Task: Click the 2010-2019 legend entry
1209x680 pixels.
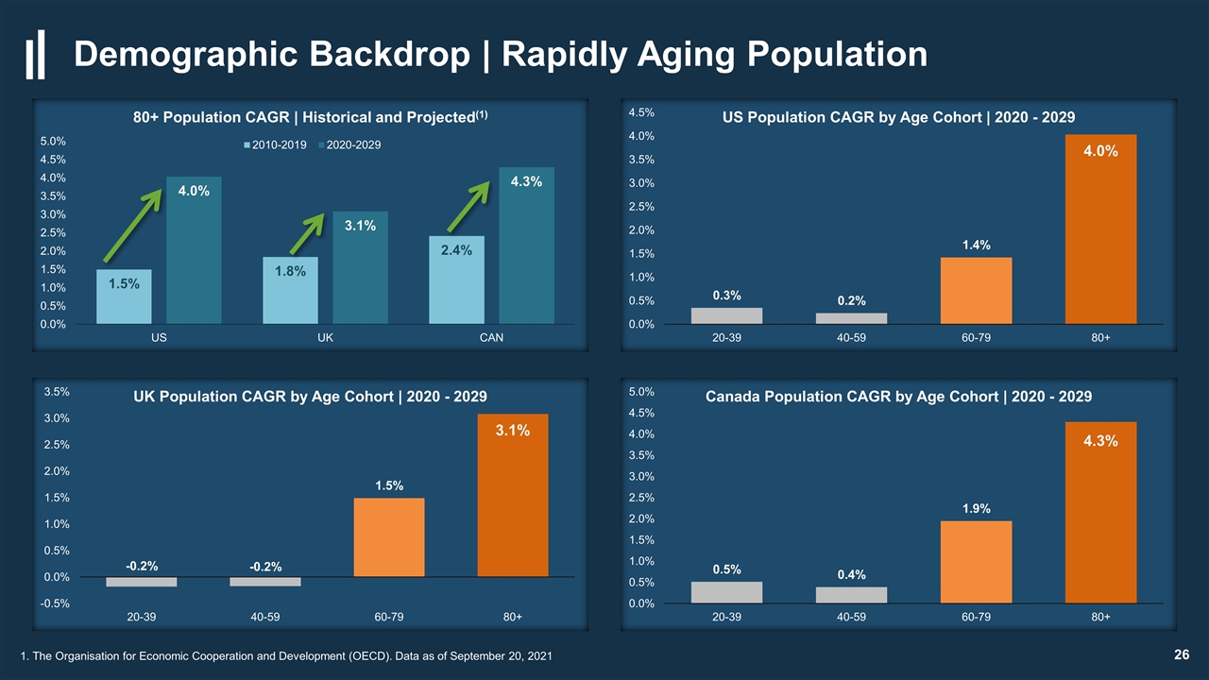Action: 275,144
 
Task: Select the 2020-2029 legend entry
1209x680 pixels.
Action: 349,144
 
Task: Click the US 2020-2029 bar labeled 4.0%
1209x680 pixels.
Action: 194,250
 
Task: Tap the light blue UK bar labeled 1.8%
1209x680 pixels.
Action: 290,290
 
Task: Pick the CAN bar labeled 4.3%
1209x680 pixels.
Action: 526,246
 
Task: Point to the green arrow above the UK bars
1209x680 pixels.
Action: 307,234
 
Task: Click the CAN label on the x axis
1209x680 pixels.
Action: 491,338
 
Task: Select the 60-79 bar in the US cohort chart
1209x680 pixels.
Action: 976,291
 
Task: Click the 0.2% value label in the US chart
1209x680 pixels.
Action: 851,300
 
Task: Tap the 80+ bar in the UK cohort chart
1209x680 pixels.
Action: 513,496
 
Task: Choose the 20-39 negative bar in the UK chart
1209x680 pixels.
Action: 142,582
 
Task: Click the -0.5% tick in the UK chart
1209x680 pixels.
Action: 55,603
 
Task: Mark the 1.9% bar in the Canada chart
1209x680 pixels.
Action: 976,562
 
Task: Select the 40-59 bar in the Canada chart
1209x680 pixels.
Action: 851,595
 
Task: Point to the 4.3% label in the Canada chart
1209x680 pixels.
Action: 1100,441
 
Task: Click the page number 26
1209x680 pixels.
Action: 1182,654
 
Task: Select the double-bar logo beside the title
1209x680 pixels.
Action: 36,55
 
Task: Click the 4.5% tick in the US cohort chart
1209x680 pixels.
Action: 641,112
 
